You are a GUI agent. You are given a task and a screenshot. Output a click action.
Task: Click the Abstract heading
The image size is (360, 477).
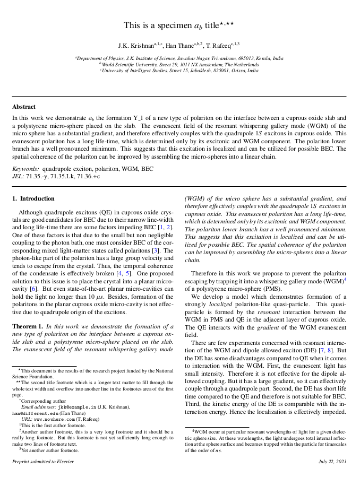[24, 106]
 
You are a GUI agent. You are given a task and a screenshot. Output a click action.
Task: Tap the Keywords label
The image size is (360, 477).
[25, 168]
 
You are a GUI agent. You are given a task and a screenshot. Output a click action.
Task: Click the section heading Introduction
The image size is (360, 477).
[37, 198]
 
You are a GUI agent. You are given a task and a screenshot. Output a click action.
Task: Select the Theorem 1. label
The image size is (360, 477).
[28, 326]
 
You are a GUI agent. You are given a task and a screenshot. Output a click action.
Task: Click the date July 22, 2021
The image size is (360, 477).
[332, 462]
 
